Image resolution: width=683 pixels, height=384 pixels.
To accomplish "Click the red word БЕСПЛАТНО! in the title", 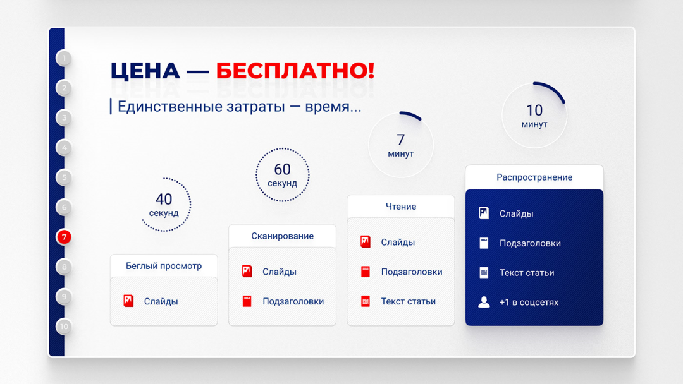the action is pyautogui.click(x=295, y=71).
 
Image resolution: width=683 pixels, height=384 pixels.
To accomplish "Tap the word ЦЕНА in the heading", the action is pyautogui.click(x=145, y=71).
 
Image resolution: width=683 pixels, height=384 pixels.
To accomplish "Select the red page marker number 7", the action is pyautogui.click(x=64, y=237).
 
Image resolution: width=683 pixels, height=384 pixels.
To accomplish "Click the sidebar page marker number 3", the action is pyautogui.click(x=64, y=118).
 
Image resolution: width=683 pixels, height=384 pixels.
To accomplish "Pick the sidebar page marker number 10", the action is pyautogui.click(x=64, y=327).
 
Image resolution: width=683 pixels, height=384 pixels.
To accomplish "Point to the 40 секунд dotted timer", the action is pyautogui.click(x=190, y=205).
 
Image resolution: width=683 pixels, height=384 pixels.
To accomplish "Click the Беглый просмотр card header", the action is pyautogui.click(x=164, y=266).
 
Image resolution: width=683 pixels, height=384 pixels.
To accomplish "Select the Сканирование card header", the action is pyautogui.click(x=282, y=236).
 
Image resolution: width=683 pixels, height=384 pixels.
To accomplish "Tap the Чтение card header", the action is pyautogui.click(x=401, y=207).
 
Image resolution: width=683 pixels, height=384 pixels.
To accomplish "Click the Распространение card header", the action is pyautogui.click(x=534, y=177).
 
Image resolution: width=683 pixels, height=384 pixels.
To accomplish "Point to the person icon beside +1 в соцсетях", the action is pyautogui.click(x=484, y=302).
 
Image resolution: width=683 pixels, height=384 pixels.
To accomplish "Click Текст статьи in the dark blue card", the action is pyautogui.click(x=527, y=273).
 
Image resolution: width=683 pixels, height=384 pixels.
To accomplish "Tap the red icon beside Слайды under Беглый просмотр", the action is pyautogui.click(x=128, y=301).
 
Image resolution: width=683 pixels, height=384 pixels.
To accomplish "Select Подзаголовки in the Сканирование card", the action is pyautogui.click(x=293, y=301).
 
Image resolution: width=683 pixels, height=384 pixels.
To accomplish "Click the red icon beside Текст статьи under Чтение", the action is pyautogui.click(x=366, y=301).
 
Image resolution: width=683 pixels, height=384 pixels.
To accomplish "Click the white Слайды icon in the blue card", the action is pyautogui.click(x=484, y=213).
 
